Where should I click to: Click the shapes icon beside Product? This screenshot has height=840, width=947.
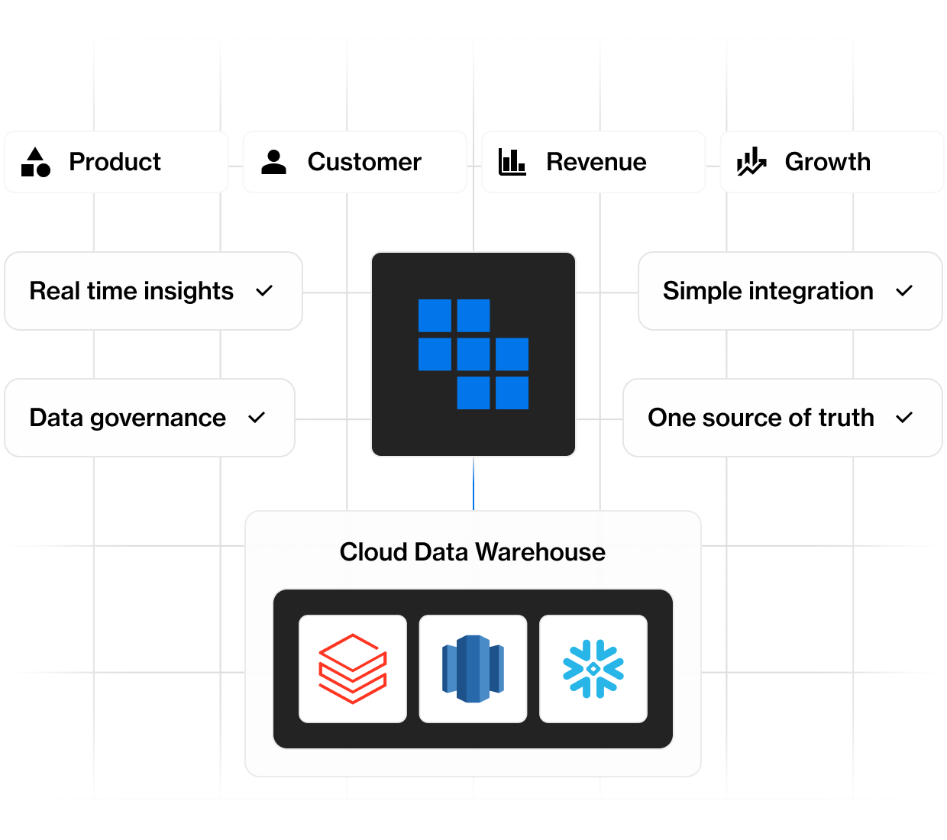[x=35, y=162]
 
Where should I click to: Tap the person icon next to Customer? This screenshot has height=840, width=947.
[x=273, y=162]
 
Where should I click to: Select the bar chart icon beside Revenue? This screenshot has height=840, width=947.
[x=512, y=162]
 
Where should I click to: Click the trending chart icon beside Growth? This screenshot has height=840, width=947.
[x=751, y=162]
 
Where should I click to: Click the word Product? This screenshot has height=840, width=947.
[x=115, y=162]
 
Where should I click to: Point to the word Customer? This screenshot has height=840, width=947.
[x=364, y=162]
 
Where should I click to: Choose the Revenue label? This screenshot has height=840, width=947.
[x=596, y=162]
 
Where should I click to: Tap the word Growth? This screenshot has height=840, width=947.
[x=827, y=162]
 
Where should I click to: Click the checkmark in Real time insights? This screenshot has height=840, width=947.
[x=264, y=291]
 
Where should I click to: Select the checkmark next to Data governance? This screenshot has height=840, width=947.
[x=257, y=418]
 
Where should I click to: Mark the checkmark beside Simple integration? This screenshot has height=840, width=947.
[x=904, y=291]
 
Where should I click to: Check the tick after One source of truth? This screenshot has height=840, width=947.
[x=904, y=418]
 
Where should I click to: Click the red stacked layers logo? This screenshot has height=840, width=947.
[x=353, y=669]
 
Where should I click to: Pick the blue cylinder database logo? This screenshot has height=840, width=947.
[x=473, y=669]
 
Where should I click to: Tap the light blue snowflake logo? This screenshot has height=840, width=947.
[x=593, y=669]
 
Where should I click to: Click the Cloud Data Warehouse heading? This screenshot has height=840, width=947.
[x=472, y=551]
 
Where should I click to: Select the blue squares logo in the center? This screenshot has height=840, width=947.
[x=473, y=354]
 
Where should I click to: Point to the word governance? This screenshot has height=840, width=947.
[x=157, y=418]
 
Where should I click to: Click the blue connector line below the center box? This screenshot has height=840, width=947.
[x=473, y=483]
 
